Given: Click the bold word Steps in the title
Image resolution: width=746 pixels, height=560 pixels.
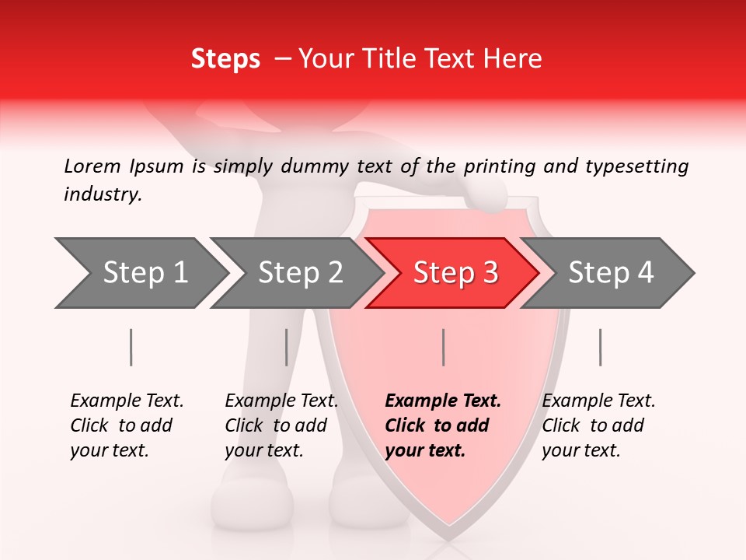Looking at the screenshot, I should (x=225, y=59).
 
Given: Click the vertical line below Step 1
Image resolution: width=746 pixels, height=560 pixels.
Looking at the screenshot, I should (x=131, y=347).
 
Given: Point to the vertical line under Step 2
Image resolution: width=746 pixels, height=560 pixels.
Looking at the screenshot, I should (x=287, y=347).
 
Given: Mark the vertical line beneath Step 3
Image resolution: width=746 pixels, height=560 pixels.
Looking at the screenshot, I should (x=443, y=347).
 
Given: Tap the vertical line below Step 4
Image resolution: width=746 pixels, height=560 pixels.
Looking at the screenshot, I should (x=600, y=347).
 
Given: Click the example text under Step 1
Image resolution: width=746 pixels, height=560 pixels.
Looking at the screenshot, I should (x=127, y=425).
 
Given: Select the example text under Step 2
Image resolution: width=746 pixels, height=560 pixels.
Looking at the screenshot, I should (x=281, y=425).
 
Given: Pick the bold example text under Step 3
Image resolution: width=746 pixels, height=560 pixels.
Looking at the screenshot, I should (x=443, y=425).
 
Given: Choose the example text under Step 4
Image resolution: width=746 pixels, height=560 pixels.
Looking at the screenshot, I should (x=598, y=425).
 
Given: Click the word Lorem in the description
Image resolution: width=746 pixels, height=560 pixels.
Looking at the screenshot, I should (x=92, y=166).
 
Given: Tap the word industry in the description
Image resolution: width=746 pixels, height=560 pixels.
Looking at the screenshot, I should (x=103, y=194).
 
